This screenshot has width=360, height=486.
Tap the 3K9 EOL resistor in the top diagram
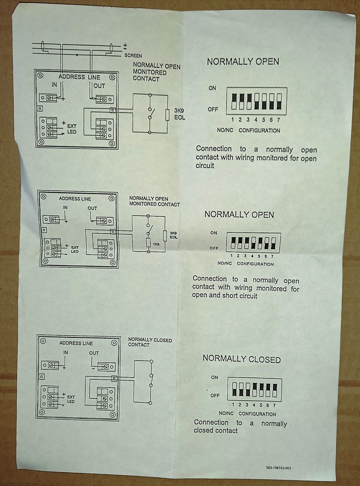coord(167,115)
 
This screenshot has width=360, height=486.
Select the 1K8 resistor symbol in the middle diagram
coord(148,243)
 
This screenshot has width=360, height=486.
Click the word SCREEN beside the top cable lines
coord(133,55)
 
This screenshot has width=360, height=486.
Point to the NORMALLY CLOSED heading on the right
coord(242,359)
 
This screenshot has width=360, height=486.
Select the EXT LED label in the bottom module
coord(71,399)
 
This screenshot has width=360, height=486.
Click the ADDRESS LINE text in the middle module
coord(75,199)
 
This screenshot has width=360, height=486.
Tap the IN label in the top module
coord(54,85)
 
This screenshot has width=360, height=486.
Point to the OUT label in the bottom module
coord(94,353)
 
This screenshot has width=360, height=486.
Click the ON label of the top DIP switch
coord(212,88)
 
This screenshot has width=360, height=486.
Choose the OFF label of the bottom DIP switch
coord(215,396)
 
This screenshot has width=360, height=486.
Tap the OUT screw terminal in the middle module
coord(104,221)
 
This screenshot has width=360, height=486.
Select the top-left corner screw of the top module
coord(40,75)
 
